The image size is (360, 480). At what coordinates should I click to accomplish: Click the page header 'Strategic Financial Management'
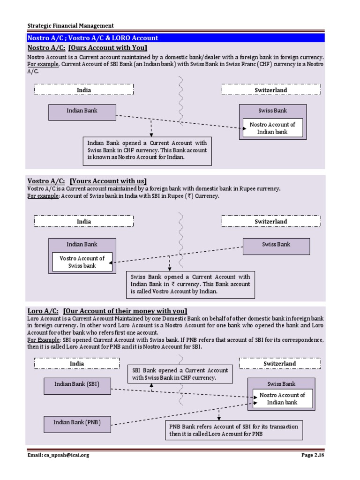(x=70, y=26)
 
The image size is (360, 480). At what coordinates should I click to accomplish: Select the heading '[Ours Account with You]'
(x=108, y=48)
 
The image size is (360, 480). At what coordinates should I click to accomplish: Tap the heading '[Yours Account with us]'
(x=108, y=181)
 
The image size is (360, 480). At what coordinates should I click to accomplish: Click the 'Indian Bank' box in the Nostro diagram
(x=82, y=112)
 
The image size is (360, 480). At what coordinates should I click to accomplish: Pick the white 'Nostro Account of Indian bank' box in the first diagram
(x=272, y=128)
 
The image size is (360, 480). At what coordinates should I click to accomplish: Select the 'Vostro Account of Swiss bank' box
(x=82, y=262)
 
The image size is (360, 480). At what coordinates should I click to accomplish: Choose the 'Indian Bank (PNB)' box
(x=77, y=424)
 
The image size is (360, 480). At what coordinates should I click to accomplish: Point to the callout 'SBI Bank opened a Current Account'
(x=180, y=374)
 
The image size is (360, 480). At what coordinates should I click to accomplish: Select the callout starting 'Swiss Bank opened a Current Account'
(x=190, y=284)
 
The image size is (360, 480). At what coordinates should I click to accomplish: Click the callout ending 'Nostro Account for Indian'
(x=147, y=150)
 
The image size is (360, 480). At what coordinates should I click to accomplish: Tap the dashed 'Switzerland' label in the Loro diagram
(x=279, y=363)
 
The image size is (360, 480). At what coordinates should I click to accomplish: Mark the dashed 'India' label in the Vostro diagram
(x=84, y=221)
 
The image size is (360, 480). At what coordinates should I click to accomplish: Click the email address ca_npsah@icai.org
(x=58, y=455)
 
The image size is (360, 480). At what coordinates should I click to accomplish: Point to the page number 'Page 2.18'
(x=312, y=455)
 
